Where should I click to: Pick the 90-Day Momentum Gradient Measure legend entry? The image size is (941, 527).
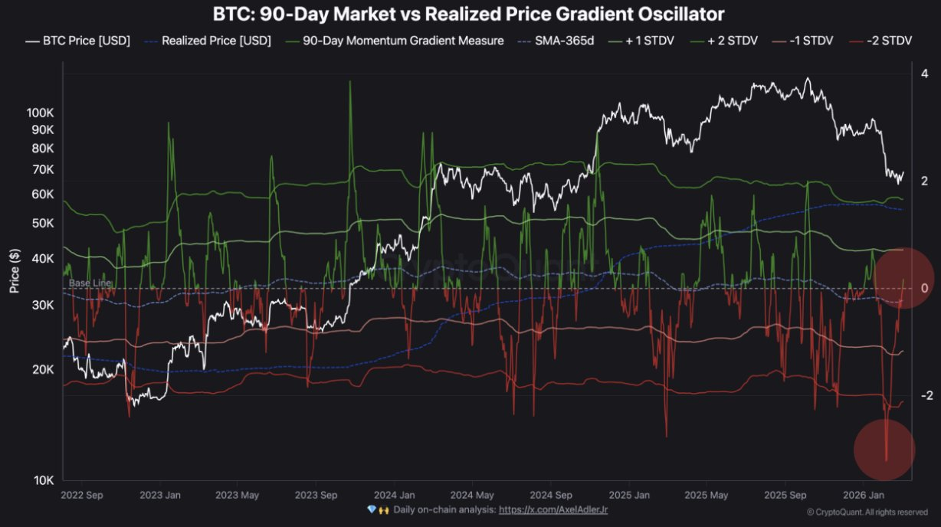pyautogui.click(x=394, y=41)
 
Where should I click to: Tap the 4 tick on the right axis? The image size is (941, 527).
pyautogui.click(x=925, y=74)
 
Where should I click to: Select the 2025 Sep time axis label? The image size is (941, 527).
pyautogui.click(x=786, y=495)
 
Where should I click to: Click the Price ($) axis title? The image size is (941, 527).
pyautogui.click(x=14, y=271)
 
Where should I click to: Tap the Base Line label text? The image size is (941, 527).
pyautogui.click(x=90, y=283)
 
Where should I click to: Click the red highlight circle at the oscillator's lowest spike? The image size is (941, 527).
pyautogui.click(x=884, y=449)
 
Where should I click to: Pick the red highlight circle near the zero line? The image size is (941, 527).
pyautogui.click(x=904, y=277)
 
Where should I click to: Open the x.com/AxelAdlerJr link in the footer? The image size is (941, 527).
pyautogui.click(x=553, y=509)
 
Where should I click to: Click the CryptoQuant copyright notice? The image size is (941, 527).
pyautogui.click(x=867, y=512)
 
